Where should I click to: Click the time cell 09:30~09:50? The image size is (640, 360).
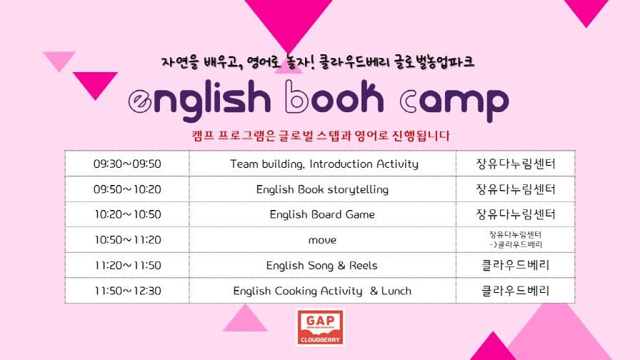[127, 164]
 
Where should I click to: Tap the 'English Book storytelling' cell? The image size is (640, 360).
[322, 189]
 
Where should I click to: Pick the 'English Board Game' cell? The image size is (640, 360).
[322, 214]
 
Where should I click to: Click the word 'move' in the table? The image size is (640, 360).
[322, 240]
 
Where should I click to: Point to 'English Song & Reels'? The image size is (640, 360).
[322, 265]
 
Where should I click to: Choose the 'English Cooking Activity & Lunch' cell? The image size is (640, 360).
[322, 291]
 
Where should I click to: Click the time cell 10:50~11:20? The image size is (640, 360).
[127, 239]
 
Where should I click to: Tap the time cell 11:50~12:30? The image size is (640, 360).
[127, 291]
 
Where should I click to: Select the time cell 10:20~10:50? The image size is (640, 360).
[127, 214]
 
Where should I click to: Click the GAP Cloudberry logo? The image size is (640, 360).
[321, 327]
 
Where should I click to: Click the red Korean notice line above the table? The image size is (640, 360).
[321, 136]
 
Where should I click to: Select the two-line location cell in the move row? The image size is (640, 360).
[516, 239]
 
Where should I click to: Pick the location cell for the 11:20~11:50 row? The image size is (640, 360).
[516, 265]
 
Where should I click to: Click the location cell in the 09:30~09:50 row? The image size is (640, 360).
[516, 164]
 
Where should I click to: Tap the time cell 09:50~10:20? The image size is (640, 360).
[127, 189]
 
